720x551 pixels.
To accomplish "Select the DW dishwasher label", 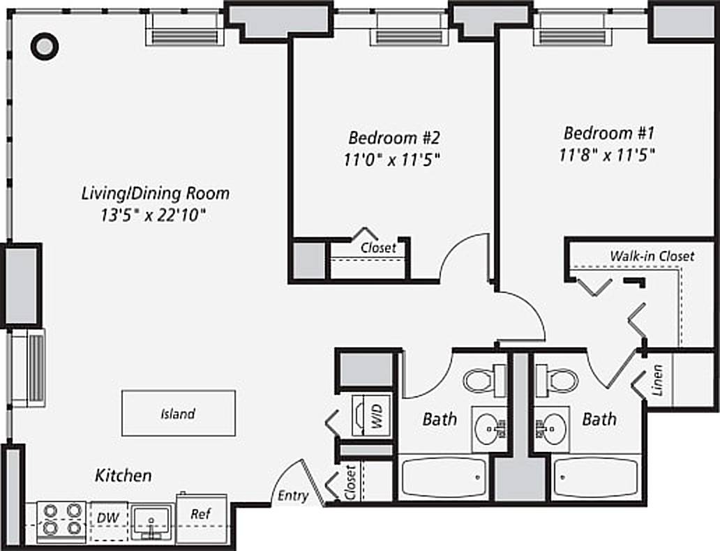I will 107,518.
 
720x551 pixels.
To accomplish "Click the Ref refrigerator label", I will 200,515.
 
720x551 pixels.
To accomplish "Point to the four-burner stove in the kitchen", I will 61,520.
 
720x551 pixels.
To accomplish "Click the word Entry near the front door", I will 293,496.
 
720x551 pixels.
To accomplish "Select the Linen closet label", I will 659,381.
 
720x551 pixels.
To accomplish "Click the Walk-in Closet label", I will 652,256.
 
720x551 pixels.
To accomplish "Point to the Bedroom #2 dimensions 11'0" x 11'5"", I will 392,159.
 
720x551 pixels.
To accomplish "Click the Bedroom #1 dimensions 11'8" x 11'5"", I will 607,155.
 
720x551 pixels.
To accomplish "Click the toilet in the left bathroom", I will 481,380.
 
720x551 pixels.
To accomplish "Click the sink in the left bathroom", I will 490,424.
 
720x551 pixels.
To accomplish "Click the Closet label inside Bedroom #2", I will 378,248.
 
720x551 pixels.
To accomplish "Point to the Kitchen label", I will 123,476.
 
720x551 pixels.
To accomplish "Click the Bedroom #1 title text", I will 609,133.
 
